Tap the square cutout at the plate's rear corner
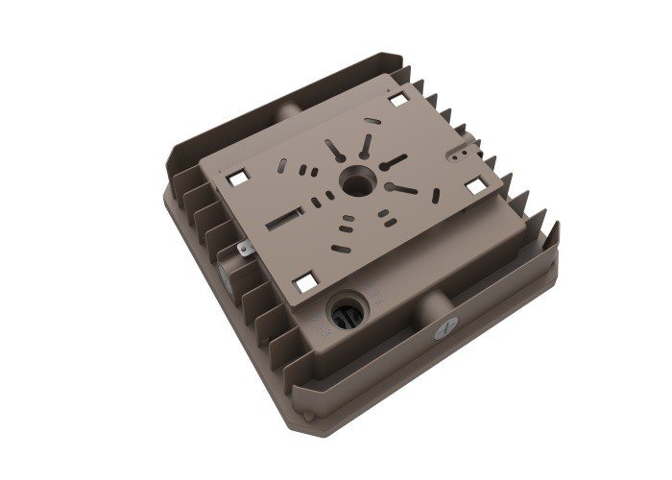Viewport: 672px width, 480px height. click(397, 99)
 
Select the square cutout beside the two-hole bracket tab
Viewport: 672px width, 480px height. click(473, 185)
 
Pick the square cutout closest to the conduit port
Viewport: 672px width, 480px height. click(305, 281)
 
